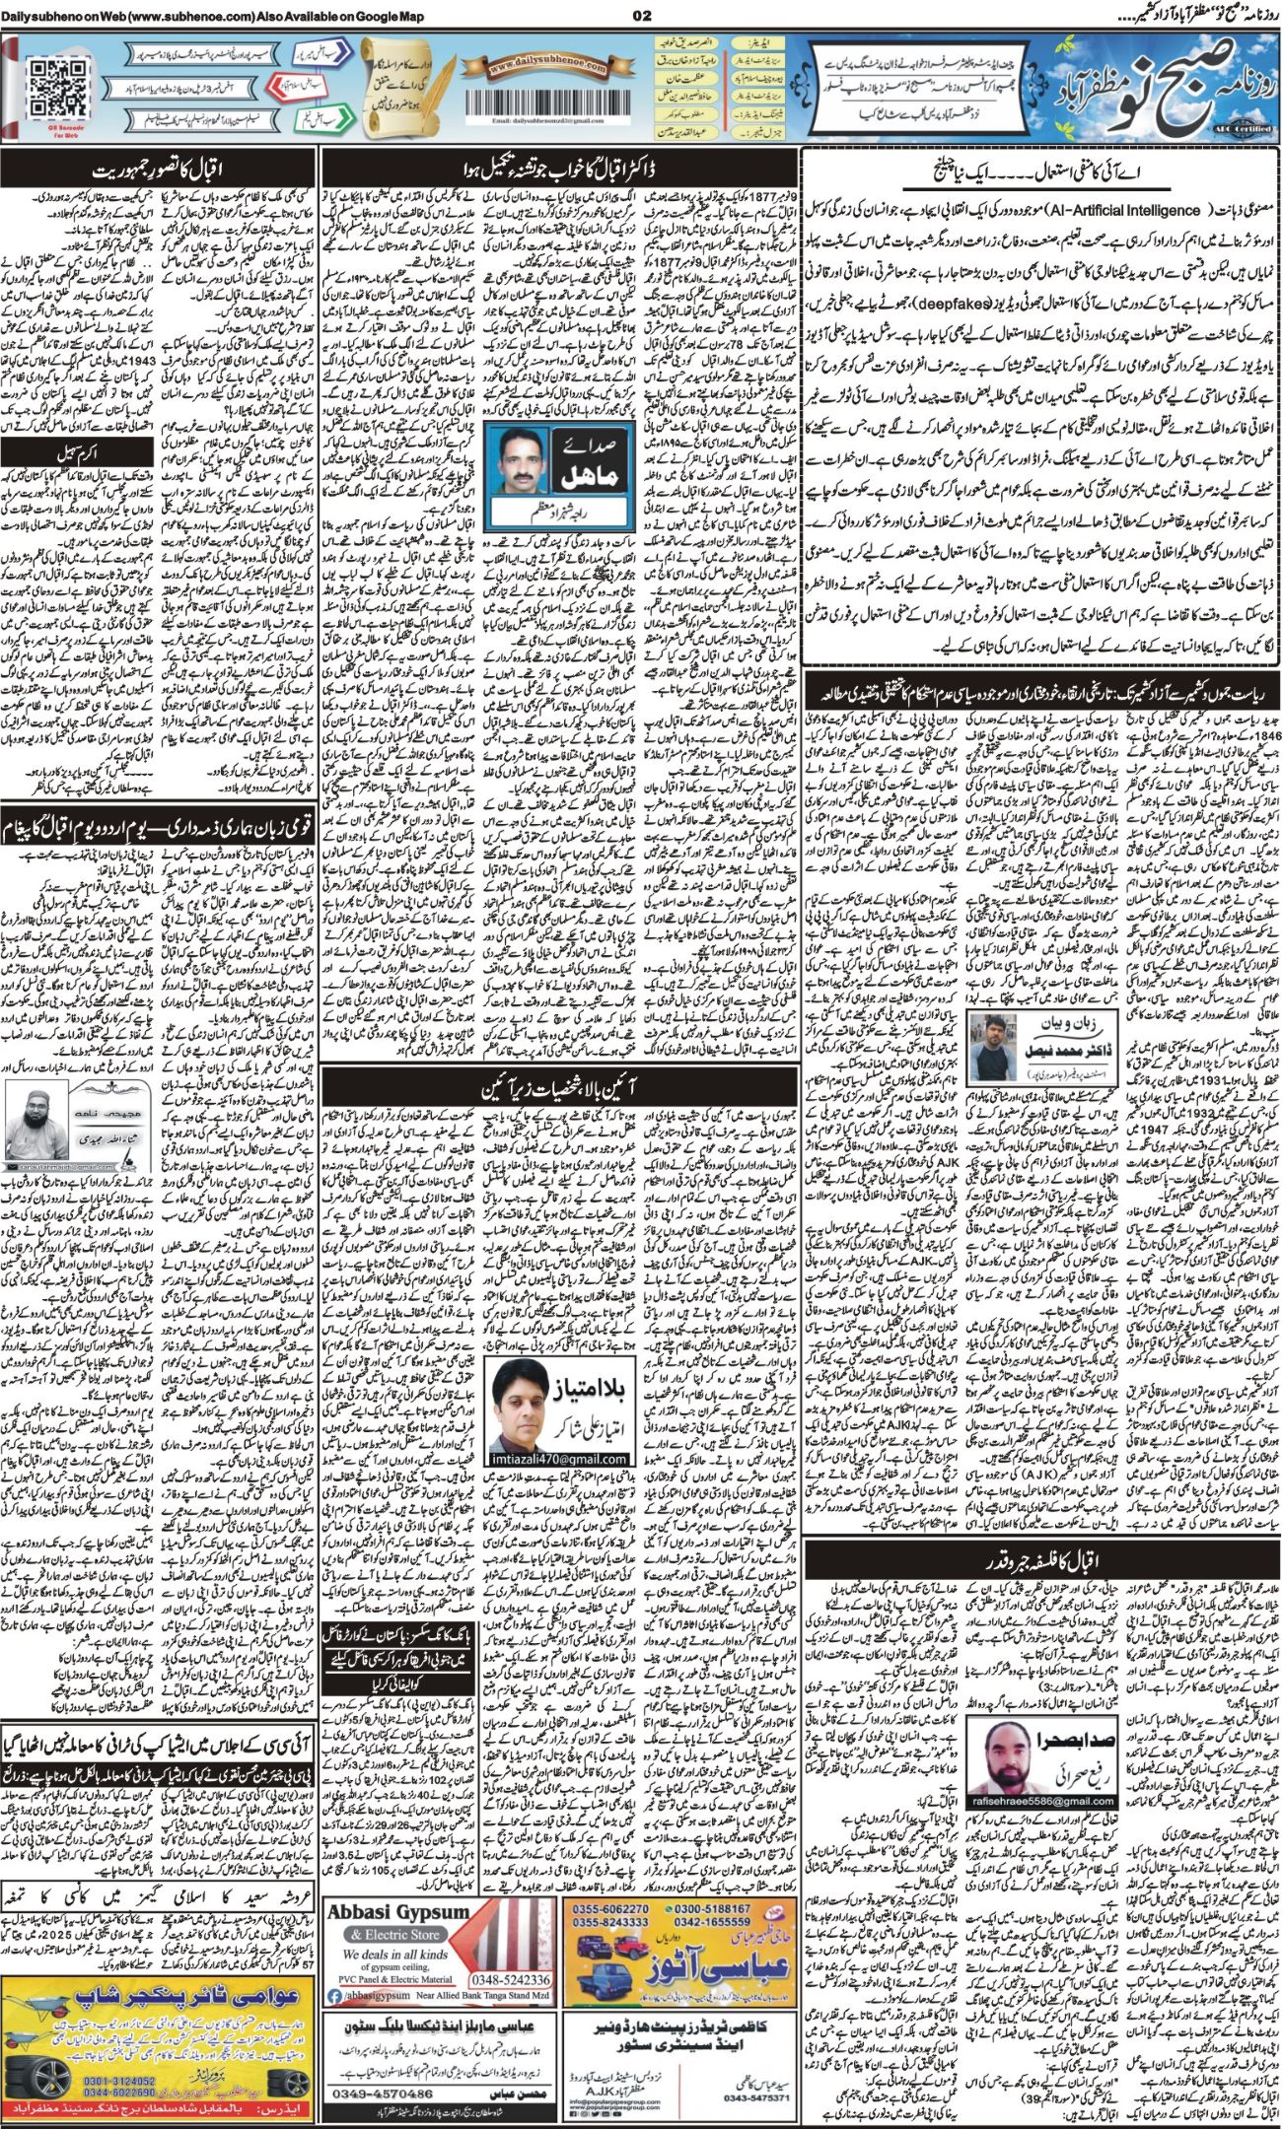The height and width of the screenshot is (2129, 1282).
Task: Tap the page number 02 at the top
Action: point(642,15)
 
